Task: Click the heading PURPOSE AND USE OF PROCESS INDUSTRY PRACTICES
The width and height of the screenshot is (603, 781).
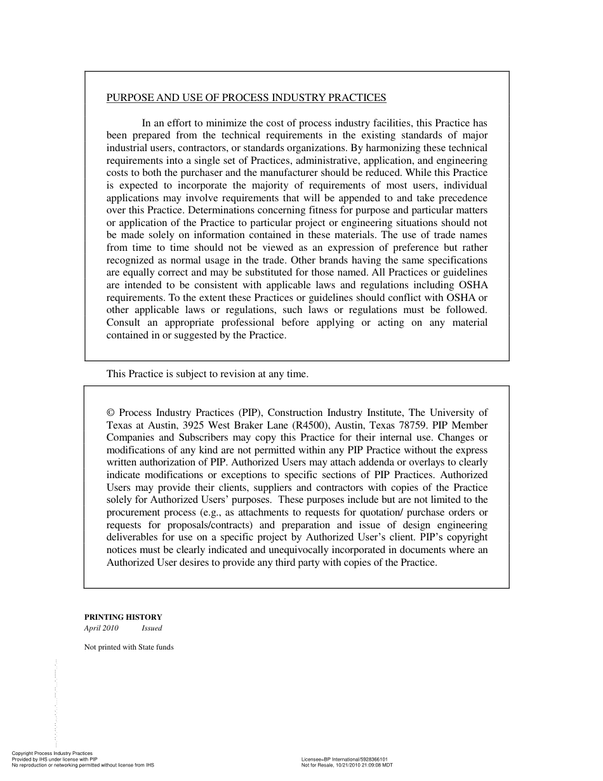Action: point(246,98)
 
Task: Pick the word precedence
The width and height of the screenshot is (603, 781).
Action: point(460,198)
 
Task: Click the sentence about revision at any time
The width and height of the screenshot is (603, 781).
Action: point(207,374)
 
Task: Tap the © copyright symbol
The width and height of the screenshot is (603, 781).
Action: point(111,413)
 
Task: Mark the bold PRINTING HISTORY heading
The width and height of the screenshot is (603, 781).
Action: point(123,617)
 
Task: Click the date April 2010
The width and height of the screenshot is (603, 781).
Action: point(101,629)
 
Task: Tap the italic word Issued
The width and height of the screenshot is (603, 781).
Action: point(152,629)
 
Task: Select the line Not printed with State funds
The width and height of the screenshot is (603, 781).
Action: point(129,648)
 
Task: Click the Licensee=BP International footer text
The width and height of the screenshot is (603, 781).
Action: point(345,759)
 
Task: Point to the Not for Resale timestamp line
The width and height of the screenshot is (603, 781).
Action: point(347,765)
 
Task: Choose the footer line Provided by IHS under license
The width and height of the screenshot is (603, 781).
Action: point(55,759)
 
